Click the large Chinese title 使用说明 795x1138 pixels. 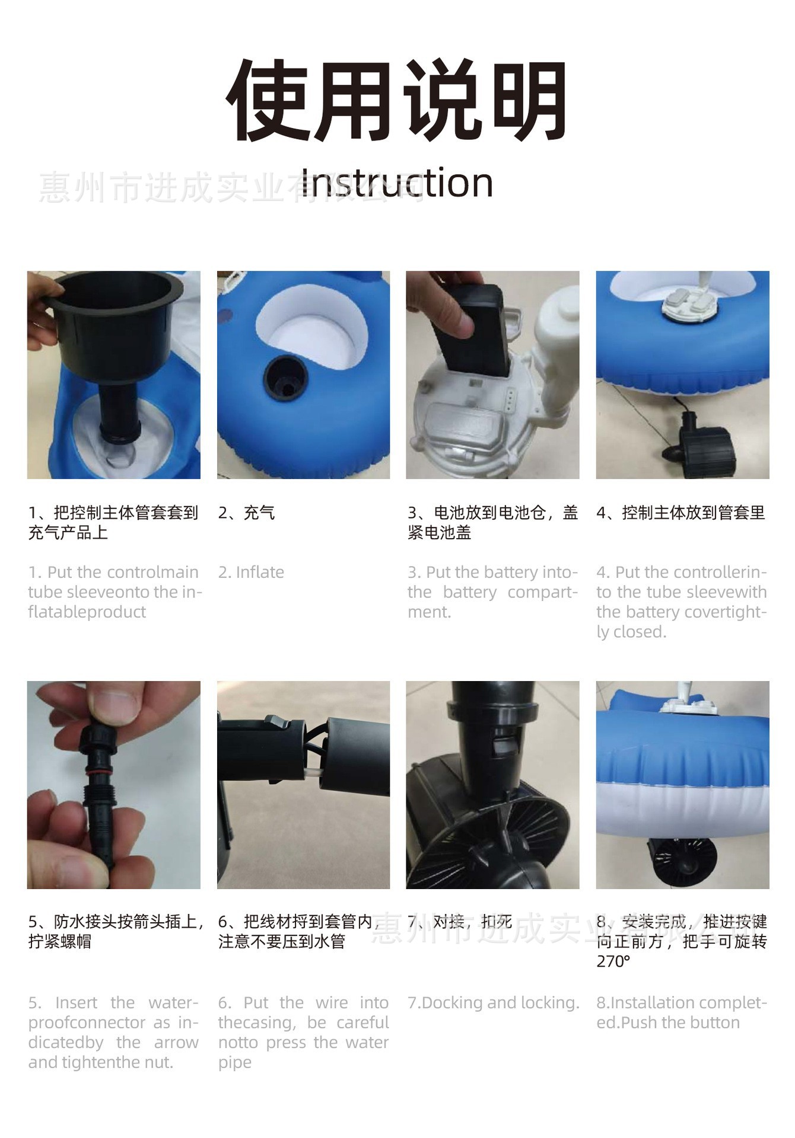click(396, 101)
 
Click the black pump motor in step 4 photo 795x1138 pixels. click(695, 437)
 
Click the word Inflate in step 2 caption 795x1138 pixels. click(260, 573)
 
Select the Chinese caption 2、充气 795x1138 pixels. click(246, 513)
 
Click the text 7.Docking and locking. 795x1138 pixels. click(493, 1003)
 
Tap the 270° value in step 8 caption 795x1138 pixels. click(613, 961)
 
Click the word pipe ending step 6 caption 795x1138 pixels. click(235, 1063)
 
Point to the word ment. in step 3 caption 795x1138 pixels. click(430, 612)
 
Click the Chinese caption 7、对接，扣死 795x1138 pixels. click(460, 922)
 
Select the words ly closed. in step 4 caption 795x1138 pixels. click(631, 632)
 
